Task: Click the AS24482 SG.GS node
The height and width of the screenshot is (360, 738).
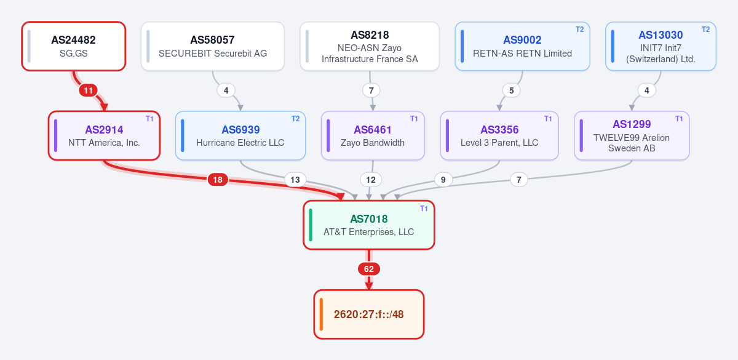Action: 73,46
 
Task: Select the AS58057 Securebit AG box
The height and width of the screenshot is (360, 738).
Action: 213,46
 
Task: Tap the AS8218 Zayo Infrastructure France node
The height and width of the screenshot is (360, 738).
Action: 370,46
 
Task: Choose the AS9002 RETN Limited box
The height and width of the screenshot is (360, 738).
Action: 522,46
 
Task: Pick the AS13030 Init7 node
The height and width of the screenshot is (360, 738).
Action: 661,46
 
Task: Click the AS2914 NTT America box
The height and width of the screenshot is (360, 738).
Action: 104,135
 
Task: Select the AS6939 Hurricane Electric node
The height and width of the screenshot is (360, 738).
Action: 240,135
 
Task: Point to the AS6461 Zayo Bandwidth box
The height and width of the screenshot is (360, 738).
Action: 373,135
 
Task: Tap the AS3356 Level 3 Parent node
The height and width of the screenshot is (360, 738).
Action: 499,135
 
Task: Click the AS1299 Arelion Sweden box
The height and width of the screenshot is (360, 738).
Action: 632,135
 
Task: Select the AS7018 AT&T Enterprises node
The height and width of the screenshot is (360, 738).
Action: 368,225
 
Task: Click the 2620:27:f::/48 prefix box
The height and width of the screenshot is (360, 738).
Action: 368,314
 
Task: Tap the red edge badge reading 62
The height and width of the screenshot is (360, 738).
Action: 368,269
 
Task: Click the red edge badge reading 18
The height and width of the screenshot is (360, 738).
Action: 218,180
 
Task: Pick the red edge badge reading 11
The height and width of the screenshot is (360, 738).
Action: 88,90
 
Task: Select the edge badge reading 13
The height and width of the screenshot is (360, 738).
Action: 295,180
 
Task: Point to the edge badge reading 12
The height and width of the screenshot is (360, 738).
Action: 371,180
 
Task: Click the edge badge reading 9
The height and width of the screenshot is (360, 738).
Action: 443,180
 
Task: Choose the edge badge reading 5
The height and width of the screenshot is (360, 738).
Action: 511,90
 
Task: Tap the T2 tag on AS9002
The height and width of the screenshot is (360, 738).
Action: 579,30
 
